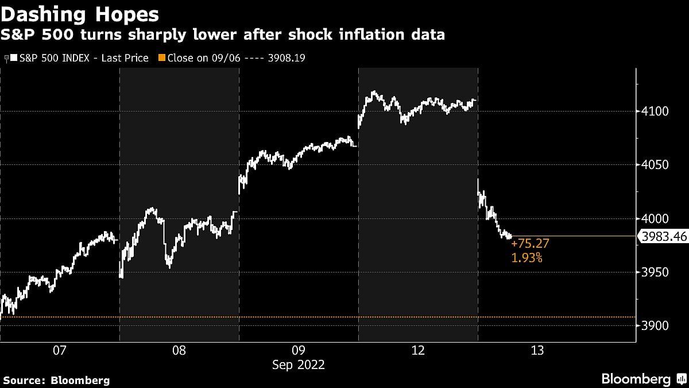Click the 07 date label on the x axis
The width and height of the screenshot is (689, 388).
(60, 351)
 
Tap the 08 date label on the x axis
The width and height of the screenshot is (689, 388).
(179, 351)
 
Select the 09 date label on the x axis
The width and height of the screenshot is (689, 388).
(298, 351)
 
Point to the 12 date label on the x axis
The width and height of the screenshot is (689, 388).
(418, 351)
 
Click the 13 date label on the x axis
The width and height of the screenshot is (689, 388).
(537, 351)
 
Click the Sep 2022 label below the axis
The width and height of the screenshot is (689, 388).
(298, 364)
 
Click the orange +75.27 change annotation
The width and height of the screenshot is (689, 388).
(526, 245)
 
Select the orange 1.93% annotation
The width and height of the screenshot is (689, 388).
(526, 258)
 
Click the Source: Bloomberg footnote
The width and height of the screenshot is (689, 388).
(56, 380)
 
